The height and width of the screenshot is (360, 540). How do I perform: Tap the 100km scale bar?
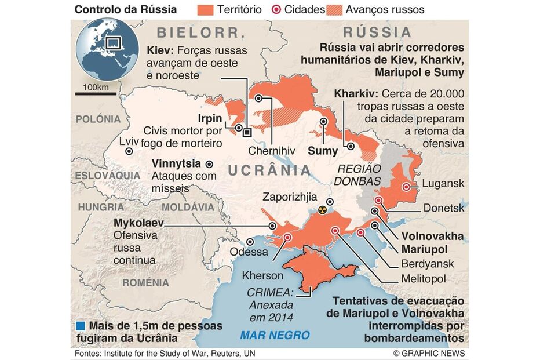(96, 92)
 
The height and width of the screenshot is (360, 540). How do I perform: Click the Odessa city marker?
(250, 242)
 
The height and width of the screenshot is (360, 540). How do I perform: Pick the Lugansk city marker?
(407, 187)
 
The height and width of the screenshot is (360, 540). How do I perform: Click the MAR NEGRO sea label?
(275, 335)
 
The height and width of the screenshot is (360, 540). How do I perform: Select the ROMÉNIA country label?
(145, 282)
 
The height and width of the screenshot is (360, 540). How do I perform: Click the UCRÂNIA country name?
(269, 170)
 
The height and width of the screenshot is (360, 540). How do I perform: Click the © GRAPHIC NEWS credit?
(430, 353)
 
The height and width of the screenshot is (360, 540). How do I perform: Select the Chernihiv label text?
(272, 151)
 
